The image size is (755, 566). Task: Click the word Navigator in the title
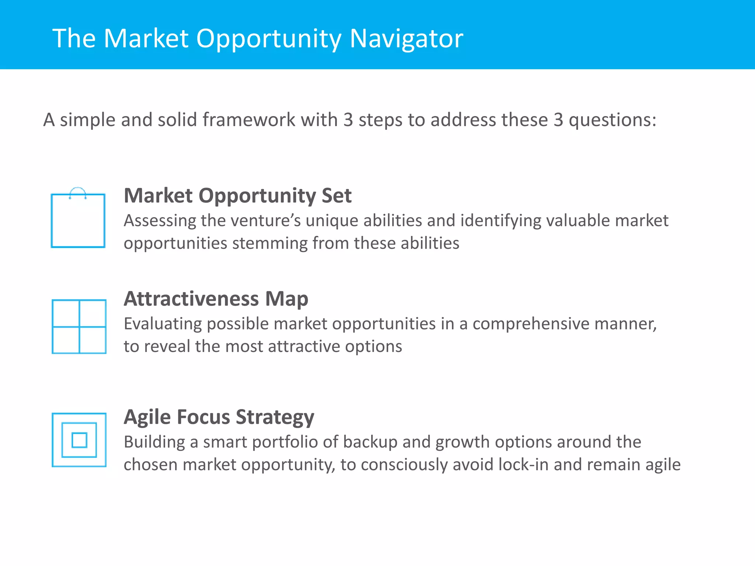406,38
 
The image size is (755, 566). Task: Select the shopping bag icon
78,220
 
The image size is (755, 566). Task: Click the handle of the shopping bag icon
78,192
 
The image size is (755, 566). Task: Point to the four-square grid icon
79,326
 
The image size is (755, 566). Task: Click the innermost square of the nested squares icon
79,440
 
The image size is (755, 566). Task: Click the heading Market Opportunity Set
237,195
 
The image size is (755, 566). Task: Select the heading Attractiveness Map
216,298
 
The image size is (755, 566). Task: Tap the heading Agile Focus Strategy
219,417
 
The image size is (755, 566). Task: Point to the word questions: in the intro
612,120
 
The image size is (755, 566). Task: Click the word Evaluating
163,324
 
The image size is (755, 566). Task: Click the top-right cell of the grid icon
93,313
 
